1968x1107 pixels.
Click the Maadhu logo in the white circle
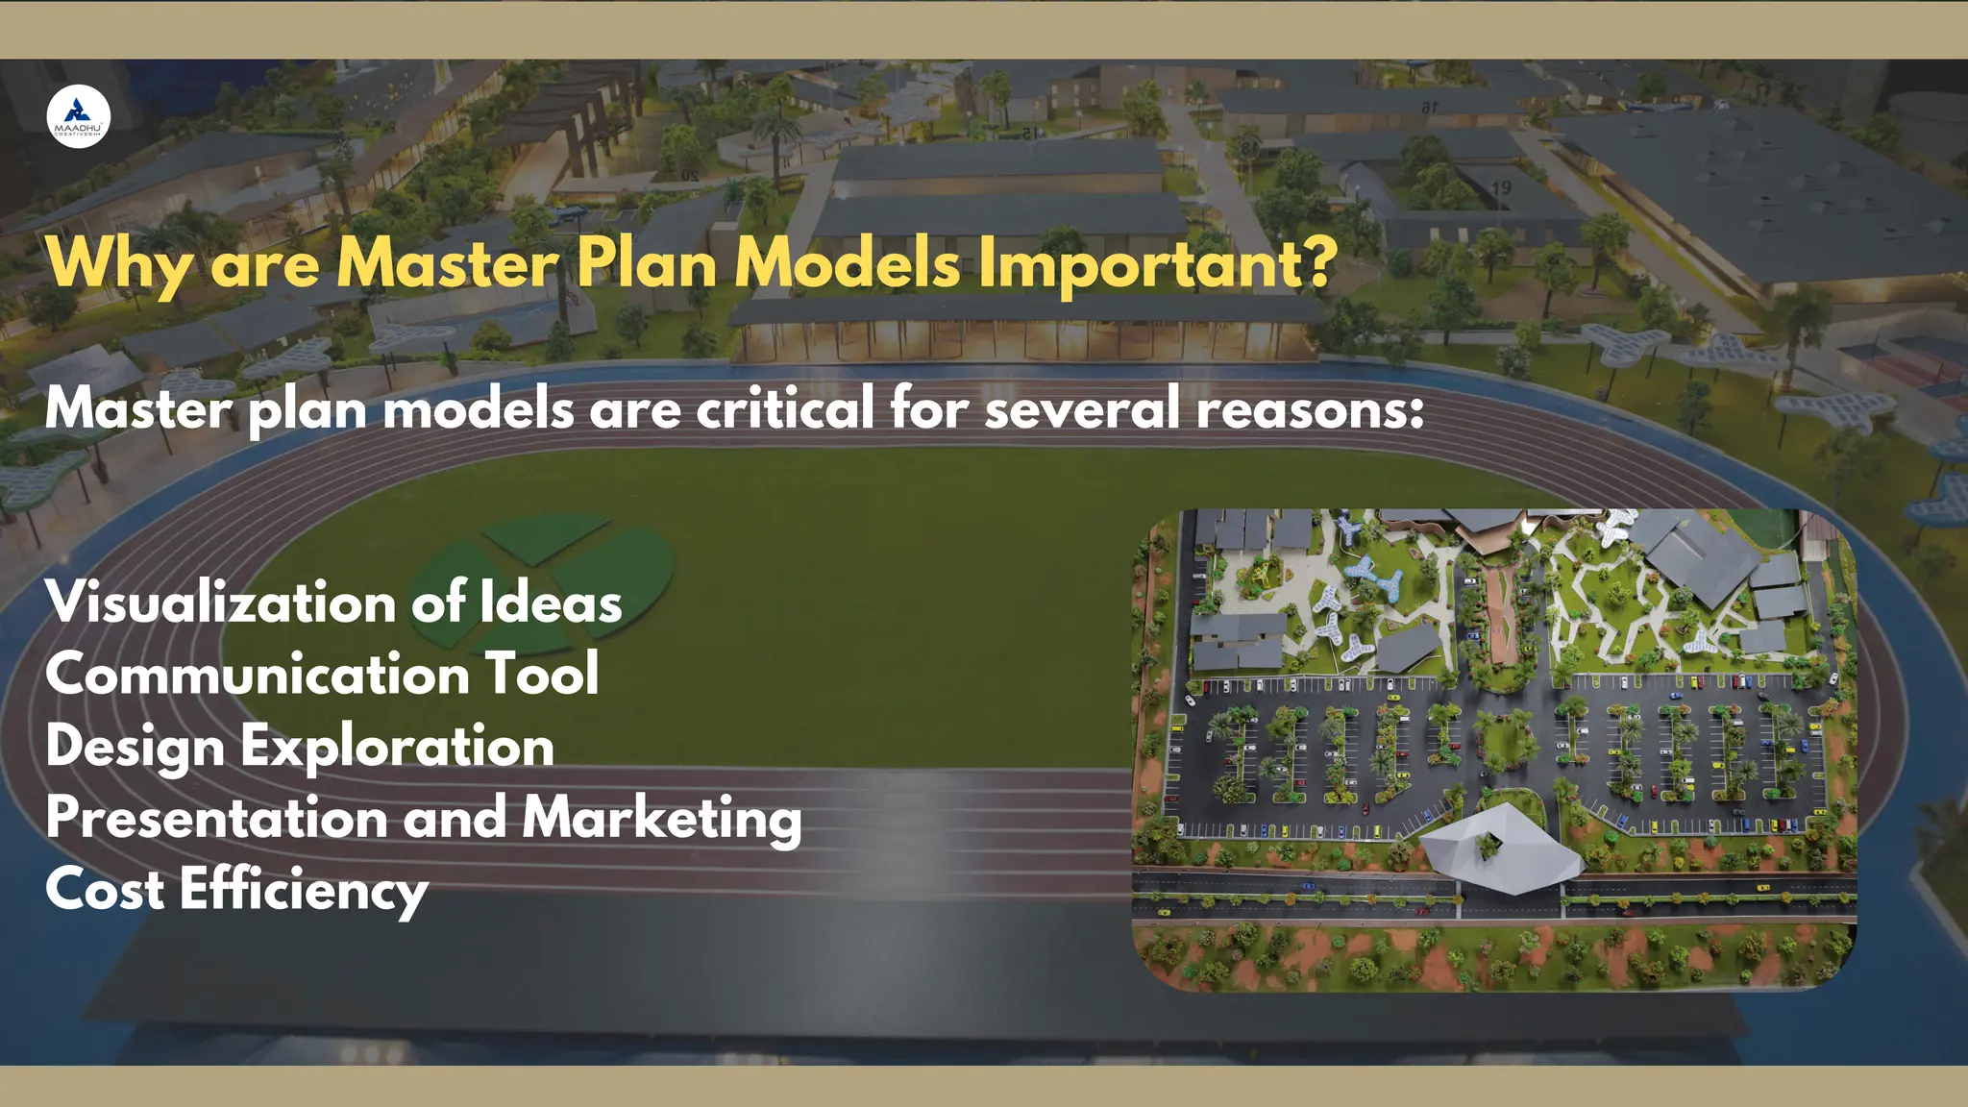tap(79, 116)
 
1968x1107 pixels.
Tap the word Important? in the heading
tap(1157, 262)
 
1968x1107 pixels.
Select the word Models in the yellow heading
tap(847, 262)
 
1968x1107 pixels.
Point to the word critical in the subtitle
tap(785, 407)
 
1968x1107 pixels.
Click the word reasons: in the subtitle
tap(1310, 409)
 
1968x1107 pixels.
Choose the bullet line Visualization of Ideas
tap(333, 603)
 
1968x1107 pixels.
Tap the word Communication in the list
tap(257, 674)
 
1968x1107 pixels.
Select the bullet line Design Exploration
tap(300, 747)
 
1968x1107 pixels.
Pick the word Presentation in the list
tap(216, 818)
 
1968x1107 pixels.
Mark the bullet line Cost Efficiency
tap(236, 890)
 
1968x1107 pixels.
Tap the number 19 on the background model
tap(1501, 188)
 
